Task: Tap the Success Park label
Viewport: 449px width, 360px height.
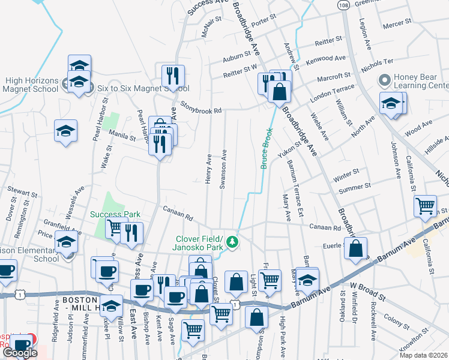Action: tap(115, 214)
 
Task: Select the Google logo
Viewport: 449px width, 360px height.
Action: tap(20, 353)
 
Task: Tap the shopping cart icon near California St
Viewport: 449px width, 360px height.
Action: tap(425, 206)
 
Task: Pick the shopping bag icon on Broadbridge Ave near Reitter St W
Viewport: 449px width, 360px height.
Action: tap(279, 92)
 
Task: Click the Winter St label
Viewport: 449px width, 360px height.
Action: tap(346, 173)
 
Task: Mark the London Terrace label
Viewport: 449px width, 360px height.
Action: tap(332, 92)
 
